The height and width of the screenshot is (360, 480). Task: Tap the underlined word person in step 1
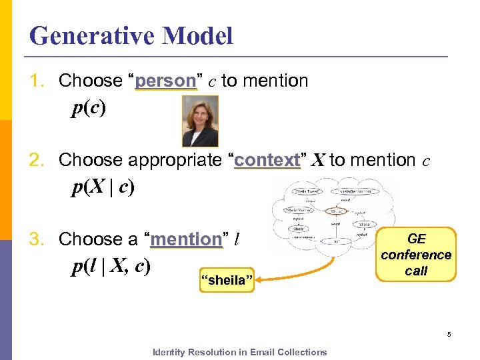click(x=165, y=81)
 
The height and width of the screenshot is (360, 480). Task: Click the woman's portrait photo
click(x=200, y=121)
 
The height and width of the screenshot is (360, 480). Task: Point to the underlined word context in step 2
click(x=267, y=161)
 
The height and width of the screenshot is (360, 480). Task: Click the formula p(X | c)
click(x=103, y=188)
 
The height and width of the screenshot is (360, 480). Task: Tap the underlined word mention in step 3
click(x=186, y=239)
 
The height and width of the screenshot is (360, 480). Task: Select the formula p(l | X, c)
click(x=111, y=266)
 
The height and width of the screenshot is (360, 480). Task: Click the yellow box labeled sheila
click(x=227, y=280)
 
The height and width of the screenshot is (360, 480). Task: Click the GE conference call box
click(x=416, y=255)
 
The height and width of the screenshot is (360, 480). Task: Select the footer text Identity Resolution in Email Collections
click(x=240, y=352)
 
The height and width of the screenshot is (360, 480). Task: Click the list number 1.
click(x=36, y=81)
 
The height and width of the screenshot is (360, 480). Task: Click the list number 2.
click(x=36, y=161)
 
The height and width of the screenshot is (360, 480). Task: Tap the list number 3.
click(x=36, y=239)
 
